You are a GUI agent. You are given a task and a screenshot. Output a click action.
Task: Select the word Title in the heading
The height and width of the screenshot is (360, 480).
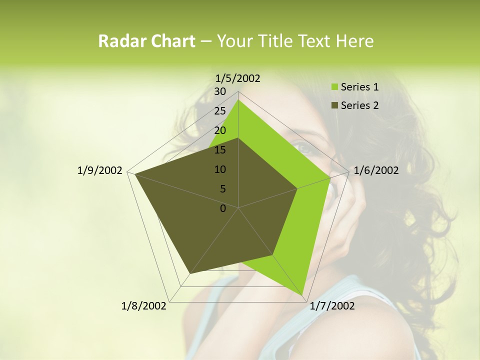coord(274,41)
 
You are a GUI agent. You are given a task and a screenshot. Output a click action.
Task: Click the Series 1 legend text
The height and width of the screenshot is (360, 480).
coord(359,87)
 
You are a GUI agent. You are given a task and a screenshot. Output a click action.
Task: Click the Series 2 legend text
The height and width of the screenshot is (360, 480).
coord(359,105)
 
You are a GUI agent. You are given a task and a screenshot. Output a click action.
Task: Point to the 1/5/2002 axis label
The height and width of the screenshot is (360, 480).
coord(238,78)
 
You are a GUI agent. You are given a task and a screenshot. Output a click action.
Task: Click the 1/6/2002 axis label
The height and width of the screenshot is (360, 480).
coord(376,171)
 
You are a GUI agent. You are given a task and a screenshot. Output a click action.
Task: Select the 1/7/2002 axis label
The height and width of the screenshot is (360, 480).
coord(332,306)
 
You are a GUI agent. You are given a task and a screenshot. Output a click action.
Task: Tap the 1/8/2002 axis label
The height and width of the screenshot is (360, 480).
coord(144,306)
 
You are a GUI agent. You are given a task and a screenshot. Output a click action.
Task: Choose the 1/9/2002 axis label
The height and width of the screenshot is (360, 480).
coord(100,171)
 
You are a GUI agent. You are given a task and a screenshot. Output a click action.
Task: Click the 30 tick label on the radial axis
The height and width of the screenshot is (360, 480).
coord(220,91)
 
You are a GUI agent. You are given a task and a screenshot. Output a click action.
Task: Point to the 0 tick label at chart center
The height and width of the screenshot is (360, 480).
coord(223,208)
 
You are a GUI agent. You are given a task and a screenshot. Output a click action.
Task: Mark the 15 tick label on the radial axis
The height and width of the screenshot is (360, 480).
coord(220,150)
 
